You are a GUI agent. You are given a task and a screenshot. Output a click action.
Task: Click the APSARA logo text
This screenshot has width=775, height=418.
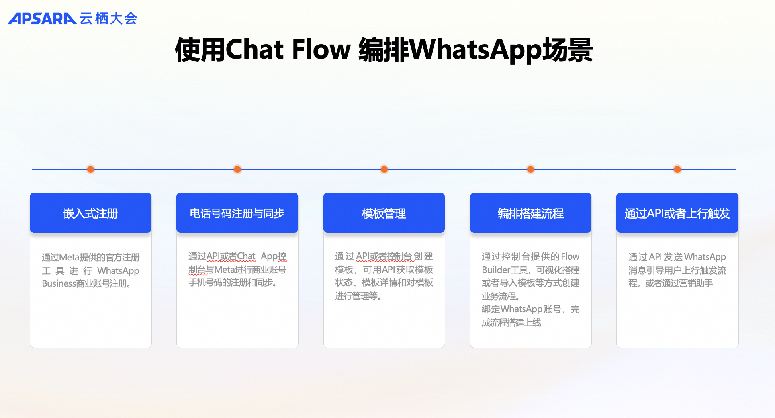point(42,18)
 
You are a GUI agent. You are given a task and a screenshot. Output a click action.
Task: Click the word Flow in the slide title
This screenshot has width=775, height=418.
point(321,49)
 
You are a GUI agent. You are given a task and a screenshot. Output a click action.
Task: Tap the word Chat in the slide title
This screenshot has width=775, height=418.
point(254,49)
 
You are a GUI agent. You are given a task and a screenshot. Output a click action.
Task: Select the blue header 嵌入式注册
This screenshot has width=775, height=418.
point(90,213)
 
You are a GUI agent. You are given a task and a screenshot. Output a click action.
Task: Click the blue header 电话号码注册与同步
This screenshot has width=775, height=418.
point(237,213)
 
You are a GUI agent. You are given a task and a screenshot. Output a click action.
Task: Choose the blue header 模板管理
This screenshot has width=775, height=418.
point(384,213)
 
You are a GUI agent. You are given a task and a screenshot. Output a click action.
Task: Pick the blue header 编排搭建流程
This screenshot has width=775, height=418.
point(530,213)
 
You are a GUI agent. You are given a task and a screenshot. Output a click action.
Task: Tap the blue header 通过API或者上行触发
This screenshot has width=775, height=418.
point(677,213)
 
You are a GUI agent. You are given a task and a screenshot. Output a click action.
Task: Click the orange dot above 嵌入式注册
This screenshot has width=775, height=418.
point(91,169)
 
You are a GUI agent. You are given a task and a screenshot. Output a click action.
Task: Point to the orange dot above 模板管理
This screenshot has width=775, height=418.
point(384,169)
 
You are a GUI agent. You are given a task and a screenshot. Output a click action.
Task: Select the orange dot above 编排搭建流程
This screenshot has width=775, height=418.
point(530,169)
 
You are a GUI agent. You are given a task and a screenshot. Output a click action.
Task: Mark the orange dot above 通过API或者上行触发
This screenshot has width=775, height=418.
point(677,169)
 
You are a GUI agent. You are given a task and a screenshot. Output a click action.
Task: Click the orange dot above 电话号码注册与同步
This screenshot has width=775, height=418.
point(237,169)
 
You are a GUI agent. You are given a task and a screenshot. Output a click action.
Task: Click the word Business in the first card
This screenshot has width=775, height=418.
point(59,283)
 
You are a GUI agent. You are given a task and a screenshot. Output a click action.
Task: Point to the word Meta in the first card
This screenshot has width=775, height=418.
point(69,258)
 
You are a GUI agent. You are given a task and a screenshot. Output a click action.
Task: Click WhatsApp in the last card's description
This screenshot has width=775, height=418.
point(705,257)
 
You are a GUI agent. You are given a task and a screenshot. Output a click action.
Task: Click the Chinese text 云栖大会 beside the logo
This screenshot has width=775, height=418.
point(108,18)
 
